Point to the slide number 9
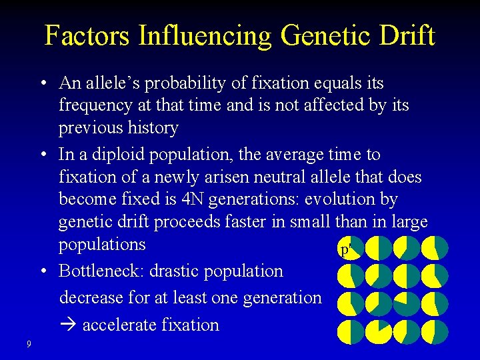(29, 344)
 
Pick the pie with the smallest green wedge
(379, 332)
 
